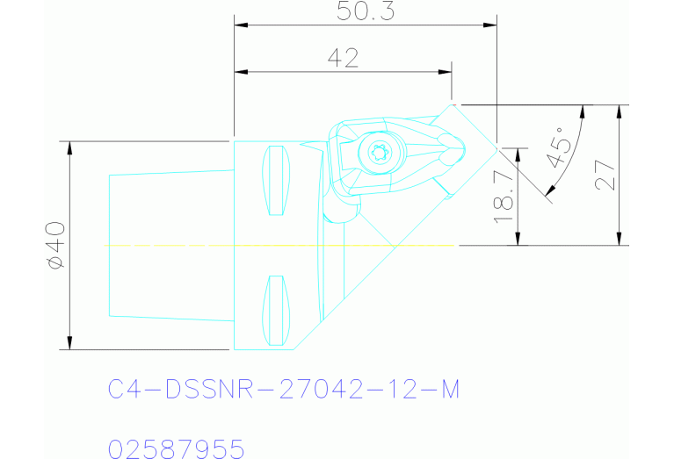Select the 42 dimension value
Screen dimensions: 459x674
[x=343, y=58]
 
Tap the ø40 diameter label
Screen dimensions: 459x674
[x=54, y=245]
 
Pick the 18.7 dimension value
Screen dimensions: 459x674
[x=504, y=197]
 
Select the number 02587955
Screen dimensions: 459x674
[x=176, y=449]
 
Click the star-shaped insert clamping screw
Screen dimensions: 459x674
[x=380, y=152]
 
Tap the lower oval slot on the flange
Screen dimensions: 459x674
[x=277, y=310]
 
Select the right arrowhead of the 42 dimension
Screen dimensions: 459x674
[x=446, y=72]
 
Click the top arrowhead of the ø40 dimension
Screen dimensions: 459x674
[x=69, y=147]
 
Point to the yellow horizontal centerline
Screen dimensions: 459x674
[x=281, y=246]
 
